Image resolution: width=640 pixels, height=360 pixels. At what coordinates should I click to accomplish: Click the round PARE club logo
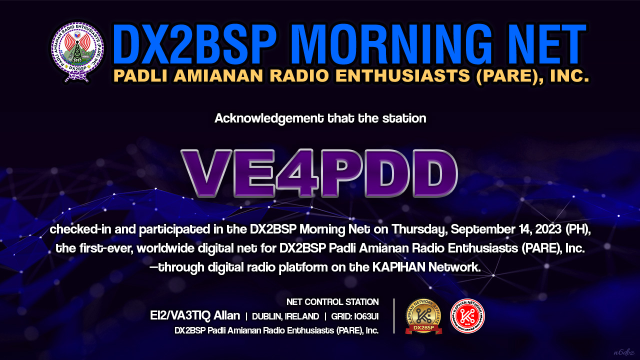(77, 51)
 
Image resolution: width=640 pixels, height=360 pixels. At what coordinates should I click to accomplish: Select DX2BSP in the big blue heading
(194, 44)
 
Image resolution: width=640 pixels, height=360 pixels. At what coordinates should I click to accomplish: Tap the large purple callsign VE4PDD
(319, 173)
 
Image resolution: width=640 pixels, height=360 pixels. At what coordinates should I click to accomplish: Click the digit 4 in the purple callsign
(297, 173)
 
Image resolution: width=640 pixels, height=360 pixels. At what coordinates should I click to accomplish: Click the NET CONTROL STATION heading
(332, 302)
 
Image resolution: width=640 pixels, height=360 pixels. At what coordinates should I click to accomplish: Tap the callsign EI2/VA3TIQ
(180, 315)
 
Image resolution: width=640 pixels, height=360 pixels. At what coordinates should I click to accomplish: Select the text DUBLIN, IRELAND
(285, 316)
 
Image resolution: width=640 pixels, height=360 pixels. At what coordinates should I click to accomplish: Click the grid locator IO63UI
(366, 316)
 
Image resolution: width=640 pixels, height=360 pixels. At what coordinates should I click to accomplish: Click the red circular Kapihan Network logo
(467, 316)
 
